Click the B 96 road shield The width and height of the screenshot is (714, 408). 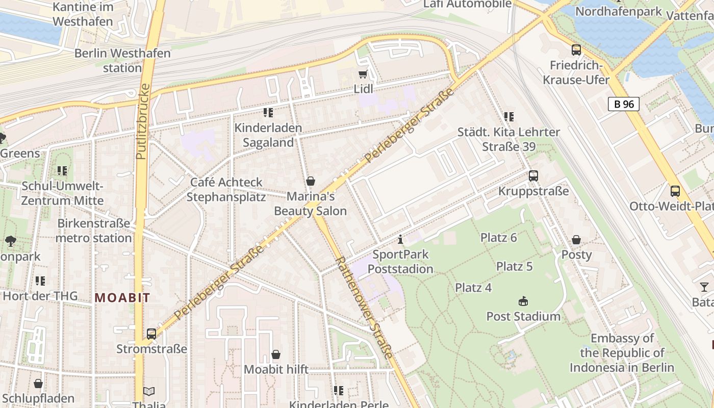(624, 104)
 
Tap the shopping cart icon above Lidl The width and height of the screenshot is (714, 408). (363, 74)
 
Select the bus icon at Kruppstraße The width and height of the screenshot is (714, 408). (533, 176)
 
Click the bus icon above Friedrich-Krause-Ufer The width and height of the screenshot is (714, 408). (576, 50)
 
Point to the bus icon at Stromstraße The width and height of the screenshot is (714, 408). (151, 334)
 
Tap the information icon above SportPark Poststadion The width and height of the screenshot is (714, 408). (400, 239)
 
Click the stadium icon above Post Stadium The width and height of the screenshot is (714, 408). (523, 301)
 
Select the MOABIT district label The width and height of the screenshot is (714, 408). (122, 298)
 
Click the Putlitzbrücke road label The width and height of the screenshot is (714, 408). (142, 121)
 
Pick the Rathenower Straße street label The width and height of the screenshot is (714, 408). (364, 308)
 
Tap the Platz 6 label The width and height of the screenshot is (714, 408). (499, 238)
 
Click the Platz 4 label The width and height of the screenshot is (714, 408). (473, 288)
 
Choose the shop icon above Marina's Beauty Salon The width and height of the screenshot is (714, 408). (310, 181)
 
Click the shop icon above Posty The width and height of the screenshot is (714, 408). (576, 240)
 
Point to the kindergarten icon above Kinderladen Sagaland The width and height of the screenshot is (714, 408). (268, 113)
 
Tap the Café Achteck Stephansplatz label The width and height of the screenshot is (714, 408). (226, 189)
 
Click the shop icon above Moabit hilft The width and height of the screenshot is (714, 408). (276, 354)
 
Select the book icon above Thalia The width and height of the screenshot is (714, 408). (148, 391)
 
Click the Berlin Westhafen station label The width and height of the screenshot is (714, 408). (122, 60)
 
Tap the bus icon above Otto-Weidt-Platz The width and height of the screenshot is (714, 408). (675, 191)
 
